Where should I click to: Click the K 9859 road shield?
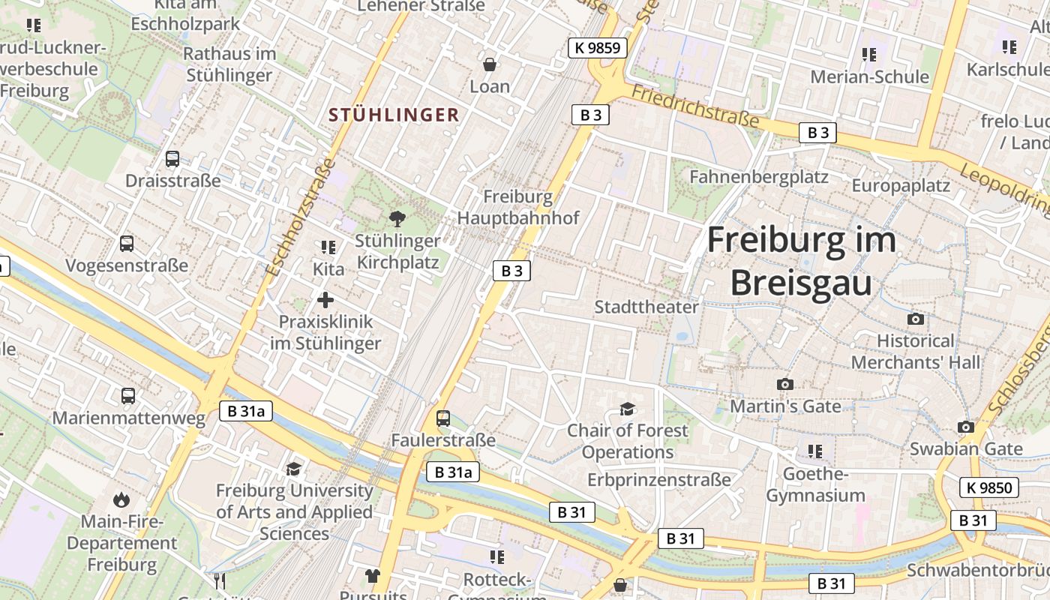[x=597, y=49]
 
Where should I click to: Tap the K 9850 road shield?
[x=989, y=487]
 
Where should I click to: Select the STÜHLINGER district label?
[x=394, y=115]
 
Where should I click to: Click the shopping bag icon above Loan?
[x=490, y=65]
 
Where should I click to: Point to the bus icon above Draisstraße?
[x=172, y=159]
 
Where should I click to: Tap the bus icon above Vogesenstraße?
[x=127, y=244]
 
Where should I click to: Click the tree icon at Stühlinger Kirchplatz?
[x=397, y=219]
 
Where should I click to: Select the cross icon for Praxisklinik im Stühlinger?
[x=325, y=300]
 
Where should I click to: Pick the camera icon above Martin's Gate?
[x=785, y=384]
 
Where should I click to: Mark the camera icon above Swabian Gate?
[x=966, y=427]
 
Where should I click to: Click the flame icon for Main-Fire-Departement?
[x=121, y=499]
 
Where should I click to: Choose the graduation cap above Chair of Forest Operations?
[x=627, y=409]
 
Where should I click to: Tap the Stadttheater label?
[x=646, y=307]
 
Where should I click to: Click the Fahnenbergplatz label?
[x=758, y=177]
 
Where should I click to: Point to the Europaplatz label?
[x=901, y=185]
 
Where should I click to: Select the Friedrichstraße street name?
[x=695, y=106]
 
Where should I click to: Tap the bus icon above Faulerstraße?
[x=443, y=418]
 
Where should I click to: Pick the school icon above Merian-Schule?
[x=869, y=55]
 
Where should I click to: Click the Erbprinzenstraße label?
[x=658, y=479]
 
